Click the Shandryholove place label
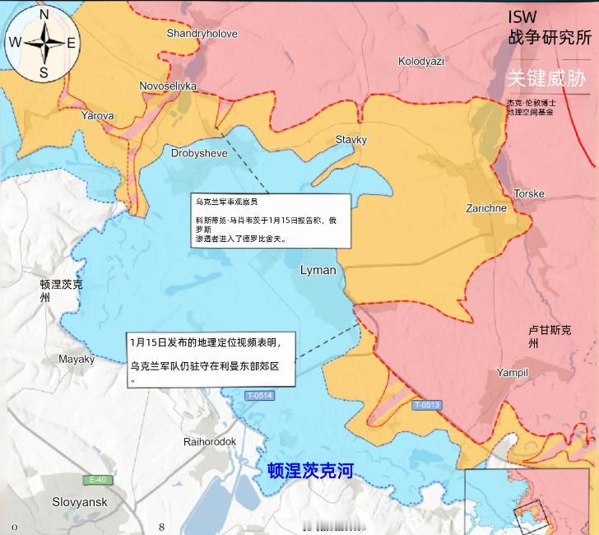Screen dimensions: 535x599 tap(202, 34)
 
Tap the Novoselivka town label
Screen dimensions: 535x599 tap(168, 86)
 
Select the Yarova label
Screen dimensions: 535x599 tap(97, 116)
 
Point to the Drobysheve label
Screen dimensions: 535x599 tap(199, 153)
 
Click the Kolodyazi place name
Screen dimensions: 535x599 tap(420, 61)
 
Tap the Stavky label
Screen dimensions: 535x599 tap(351, 140)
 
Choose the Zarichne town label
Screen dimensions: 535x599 tap(486, 208)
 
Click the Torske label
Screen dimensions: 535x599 tap(529, 193)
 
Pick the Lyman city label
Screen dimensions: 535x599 tap(318, 270)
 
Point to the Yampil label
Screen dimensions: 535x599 tap(512, 373)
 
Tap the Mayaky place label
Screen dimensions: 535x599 tap(77, 359)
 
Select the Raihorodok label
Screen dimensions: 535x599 tap(210, 442)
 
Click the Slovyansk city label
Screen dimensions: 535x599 tap(80, 501)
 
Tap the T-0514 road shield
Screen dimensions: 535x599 tap(259, 397)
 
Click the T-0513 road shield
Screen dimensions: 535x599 tap(427, 404)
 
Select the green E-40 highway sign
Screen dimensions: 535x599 tap(97, 480)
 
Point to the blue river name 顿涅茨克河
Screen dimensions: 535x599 tap(310, 471)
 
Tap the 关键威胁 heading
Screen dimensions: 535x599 tap(546, 78)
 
